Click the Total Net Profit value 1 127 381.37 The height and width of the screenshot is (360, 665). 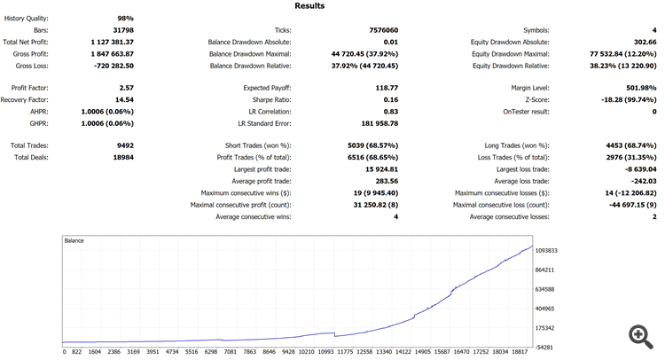click(112, 42)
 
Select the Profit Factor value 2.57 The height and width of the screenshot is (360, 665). click(125, 88)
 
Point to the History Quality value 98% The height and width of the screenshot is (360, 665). click(125, 19)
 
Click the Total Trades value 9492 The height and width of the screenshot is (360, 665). click(123, 145)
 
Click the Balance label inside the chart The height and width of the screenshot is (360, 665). click(74, 240)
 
